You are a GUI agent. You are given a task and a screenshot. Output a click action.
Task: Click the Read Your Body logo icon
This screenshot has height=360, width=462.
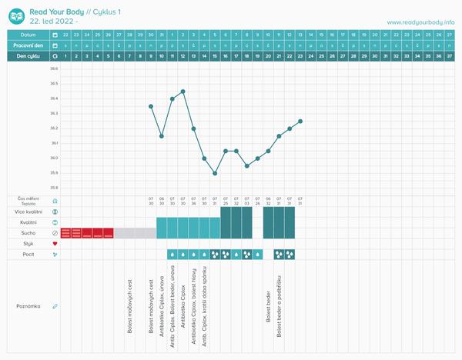[x=16, y=15]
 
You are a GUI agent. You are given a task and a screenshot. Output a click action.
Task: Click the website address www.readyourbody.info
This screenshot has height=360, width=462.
[x=420, y=22]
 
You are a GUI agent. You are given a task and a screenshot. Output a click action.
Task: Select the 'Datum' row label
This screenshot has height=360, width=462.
[x=28, y=35]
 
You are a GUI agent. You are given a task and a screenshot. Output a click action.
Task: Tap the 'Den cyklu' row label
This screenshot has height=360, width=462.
[x=28, y=56]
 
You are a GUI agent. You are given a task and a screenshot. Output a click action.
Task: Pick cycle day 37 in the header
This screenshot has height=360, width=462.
[x=450, y=56]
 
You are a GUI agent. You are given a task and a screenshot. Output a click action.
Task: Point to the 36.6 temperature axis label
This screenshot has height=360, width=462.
[x=54, y=70]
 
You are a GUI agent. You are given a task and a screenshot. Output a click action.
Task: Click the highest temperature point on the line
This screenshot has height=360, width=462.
[x=182, y=92]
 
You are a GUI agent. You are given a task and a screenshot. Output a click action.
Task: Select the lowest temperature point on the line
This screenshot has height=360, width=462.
[x=215, y=173]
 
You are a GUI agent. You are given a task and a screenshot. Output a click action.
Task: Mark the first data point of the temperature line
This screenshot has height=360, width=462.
[x=151, y=106]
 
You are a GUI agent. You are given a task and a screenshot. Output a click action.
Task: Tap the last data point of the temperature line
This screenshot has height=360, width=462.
[x=300, y=121]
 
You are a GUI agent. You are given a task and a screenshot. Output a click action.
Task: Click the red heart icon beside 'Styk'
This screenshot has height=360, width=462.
[x=55, y=244]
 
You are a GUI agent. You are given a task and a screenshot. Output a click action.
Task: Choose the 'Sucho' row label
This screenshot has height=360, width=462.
[x=27, y=232]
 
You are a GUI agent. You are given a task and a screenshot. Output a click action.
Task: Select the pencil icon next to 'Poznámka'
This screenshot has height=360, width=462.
[x=55, y=306]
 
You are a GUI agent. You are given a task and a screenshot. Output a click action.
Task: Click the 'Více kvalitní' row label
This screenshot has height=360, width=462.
[x=27, y=211]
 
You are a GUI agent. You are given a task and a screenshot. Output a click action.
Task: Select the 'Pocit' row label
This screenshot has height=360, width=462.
[x=28, y=254]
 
